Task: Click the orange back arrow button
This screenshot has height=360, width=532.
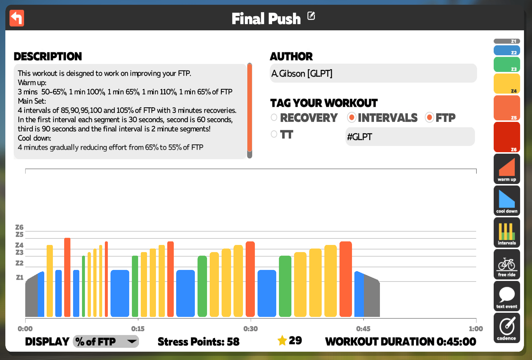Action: [17, 18]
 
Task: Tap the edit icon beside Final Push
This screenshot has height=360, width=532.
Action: [311, 16]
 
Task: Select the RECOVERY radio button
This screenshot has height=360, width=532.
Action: [274, 117]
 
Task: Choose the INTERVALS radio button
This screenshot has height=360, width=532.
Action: [351, 117]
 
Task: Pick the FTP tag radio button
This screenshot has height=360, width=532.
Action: [429, 117]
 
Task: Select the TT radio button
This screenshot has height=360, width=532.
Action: [274, 134]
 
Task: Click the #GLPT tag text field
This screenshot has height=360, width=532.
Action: [410, 137]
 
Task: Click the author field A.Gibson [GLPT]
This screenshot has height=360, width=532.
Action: [373, 73]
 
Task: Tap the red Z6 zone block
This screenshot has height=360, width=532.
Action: [507, 137]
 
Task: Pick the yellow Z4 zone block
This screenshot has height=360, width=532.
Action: [507, 84]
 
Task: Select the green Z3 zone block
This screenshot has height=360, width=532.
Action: [507, 65]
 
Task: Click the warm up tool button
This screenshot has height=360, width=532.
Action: [507, 169]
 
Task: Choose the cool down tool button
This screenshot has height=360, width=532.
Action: [507, 201]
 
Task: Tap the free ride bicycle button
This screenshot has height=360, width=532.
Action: [507, 264]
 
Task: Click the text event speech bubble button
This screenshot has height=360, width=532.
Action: [507, 296]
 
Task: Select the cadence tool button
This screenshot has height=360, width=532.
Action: [507, 328]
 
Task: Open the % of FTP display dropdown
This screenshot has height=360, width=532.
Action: [106, 342]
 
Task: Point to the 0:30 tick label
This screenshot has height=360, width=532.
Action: [250, 329]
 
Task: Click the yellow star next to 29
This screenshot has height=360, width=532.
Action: [282, 340]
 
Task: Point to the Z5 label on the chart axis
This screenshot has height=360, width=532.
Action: [19, 235]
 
